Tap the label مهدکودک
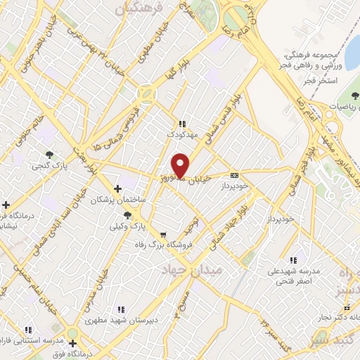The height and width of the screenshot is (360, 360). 181,133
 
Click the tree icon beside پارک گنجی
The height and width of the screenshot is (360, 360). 49,154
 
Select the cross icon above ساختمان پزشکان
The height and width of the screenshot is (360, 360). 117,188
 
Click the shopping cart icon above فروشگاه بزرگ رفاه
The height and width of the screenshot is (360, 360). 163,235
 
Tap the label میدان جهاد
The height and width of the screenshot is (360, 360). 191,270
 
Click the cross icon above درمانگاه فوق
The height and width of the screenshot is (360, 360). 72,343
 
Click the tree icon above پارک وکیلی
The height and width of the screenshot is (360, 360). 127,215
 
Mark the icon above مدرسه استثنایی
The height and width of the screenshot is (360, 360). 29,329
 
